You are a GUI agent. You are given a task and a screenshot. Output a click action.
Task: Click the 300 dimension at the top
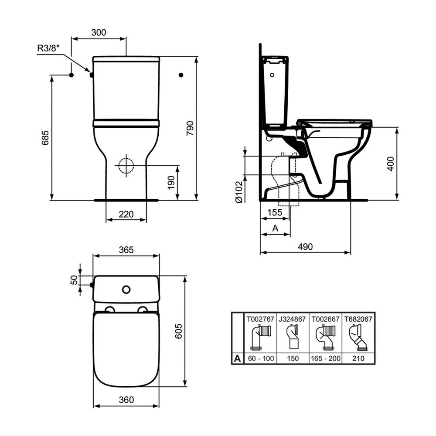(99, 32)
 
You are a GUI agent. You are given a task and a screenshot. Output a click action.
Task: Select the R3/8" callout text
(49, 48)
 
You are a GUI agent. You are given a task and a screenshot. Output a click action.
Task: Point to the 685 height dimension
(45, 138)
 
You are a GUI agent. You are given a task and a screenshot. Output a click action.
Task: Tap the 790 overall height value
(190, 128)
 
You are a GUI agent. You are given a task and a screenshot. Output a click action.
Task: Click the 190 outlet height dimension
(171, 183)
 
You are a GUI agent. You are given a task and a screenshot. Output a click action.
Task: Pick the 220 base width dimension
(126, 214)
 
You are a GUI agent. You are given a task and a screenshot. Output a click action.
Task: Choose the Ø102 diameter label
(239, 192)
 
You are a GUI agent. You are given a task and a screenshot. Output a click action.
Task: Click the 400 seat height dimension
(391, 164)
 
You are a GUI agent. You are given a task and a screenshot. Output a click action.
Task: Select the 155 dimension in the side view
(275, 212)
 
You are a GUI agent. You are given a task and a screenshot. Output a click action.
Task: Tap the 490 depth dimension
(305, 247)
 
